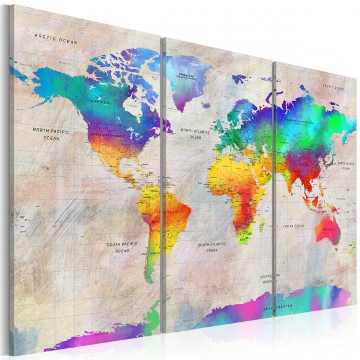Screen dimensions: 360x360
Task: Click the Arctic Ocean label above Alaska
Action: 56,38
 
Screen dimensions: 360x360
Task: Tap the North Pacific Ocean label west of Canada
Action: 51,134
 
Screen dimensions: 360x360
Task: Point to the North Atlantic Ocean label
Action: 195,134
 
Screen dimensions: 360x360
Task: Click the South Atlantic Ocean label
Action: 212,247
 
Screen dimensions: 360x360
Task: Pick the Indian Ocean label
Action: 293,227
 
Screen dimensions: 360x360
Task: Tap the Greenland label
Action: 186,75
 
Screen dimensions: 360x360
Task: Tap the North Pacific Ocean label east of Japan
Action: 345,165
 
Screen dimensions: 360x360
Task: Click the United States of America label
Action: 105,134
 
